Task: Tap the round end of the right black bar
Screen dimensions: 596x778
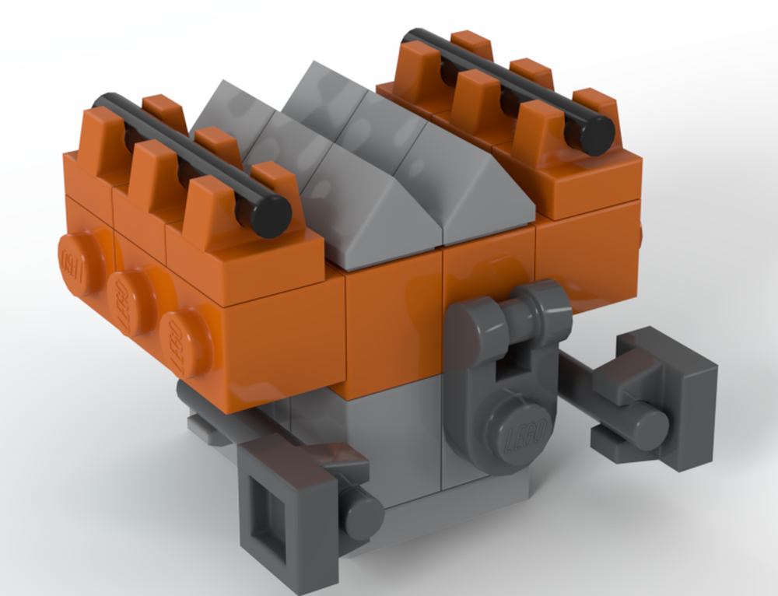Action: point(598,135)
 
